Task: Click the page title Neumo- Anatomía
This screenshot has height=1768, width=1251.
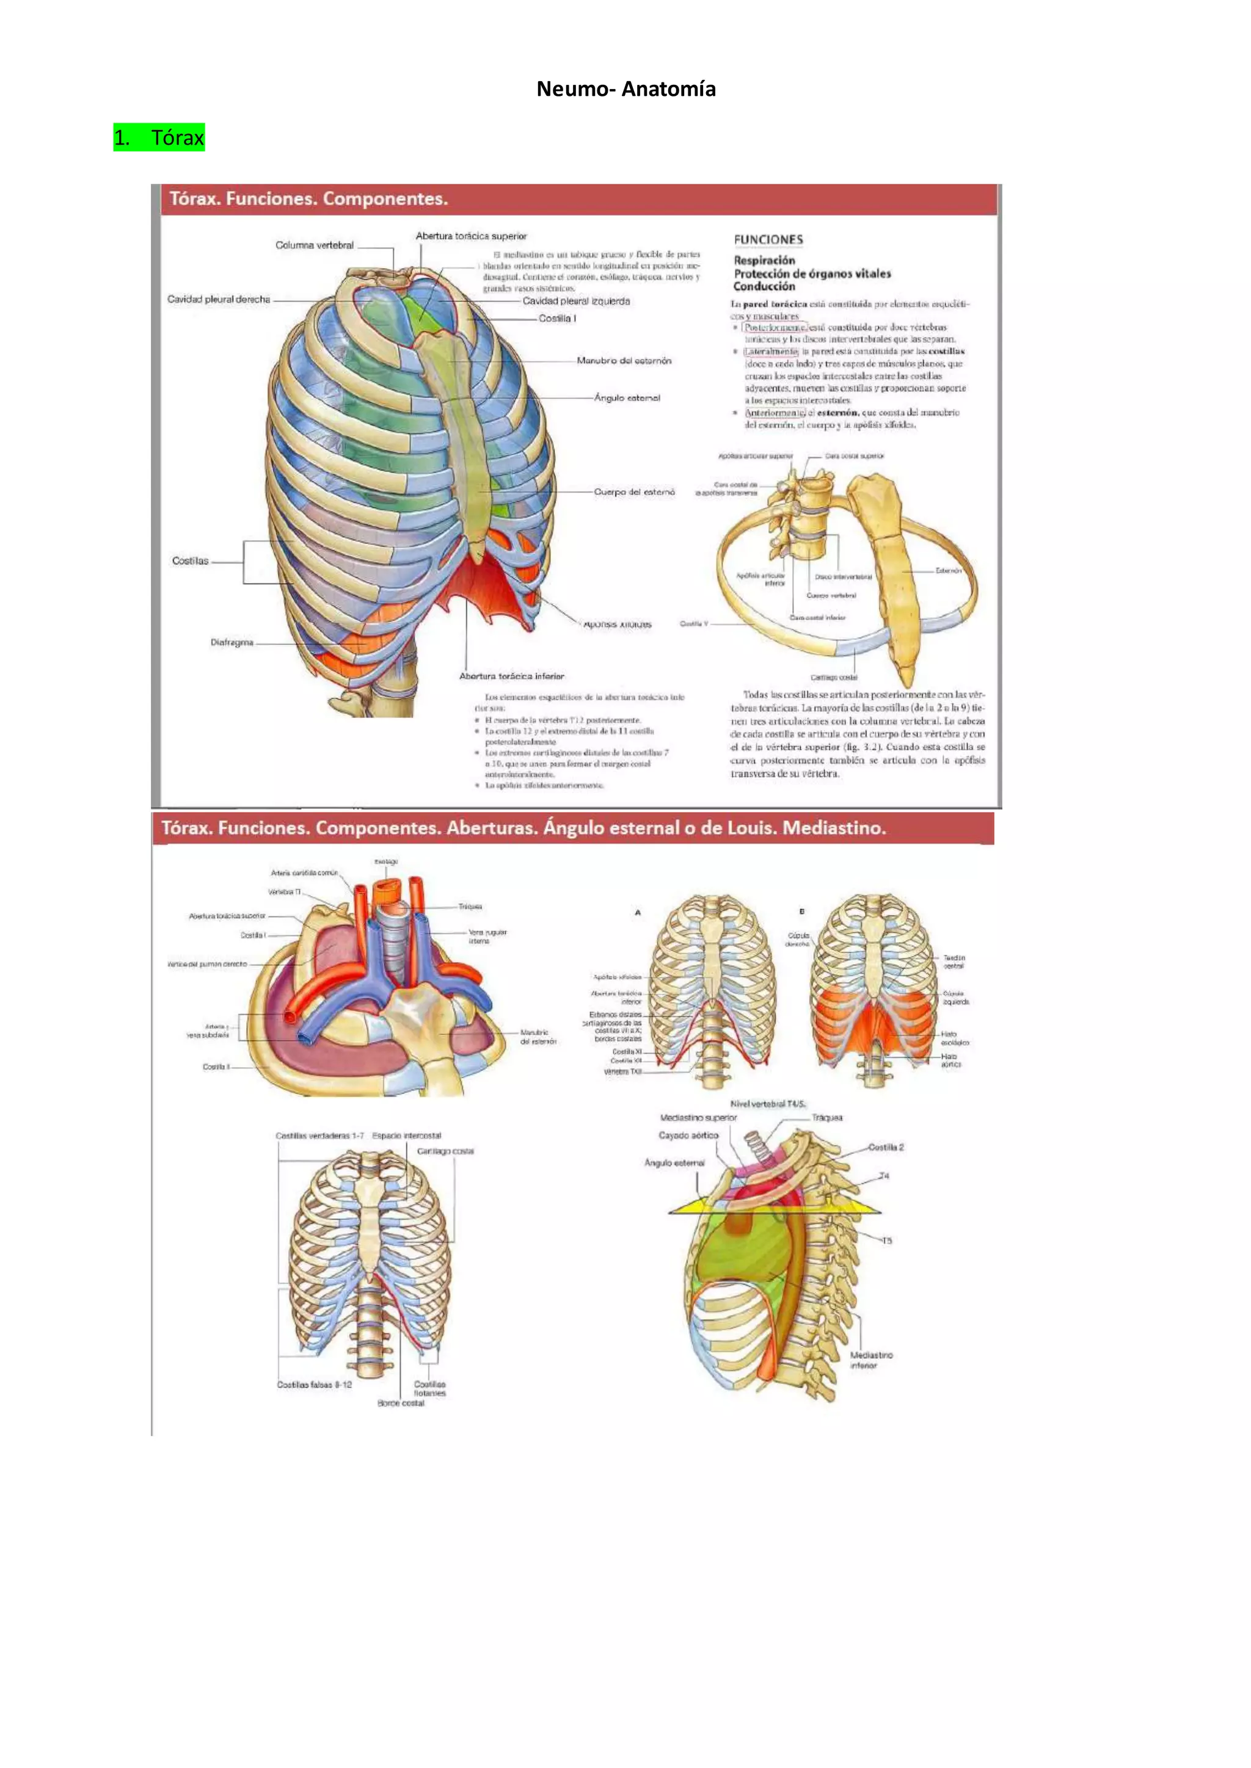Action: (x=625, y=89)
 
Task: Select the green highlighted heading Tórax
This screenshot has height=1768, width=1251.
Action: (x=159, y=138)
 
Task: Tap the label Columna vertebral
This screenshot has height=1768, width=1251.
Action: (x=315, y=245)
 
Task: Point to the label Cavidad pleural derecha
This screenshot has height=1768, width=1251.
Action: (x=219, y=300)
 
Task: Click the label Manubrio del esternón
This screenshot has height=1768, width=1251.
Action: (x=624, y=360)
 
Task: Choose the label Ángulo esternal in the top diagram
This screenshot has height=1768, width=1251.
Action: (x=627, y=398)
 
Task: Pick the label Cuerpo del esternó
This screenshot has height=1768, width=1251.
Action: (x=634, y=492)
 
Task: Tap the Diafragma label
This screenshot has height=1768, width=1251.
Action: (x=232, y=642)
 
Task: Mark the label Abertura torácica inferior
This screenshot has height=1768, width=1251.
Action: (x=511, y=676)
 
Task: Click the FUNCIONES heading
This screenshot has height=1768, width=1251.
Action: (x=768, y=239)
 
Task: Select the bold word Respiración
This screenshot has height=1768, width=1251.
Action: (x=764, y=260)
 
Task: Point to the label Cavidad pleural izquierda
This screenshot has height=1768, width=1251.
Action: (x=576, y=301)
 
